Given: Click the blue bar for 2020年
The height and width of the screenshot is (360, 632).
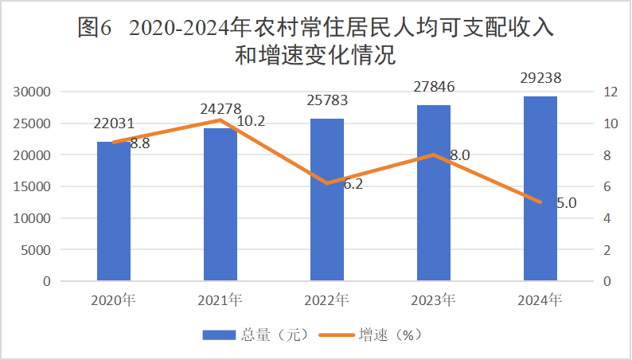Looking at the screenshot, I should [x=114, y=211].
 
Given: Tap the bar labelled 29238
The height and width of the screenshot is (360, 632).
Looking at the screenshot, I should [x=540, y=189].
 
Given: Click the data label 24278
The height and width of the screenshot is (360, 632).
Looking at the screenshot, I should [x=220, y=108].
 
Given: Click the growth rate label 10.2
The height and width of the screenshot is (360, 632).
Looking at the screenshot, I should [x=252, y=121].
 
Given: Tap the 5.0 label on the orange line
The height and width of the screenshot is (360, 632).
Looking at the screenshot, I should [x=566, y=203].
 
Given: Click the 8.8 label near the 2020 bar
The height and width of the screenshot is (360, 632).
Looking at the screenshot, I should [x=140, y=144].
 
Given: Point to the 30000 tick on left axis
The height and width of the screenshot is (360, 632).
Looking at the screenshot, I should [x=33, y=92].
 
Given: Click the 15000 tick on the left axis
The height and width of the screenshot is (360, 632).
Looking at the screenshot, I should [x=33, y=186].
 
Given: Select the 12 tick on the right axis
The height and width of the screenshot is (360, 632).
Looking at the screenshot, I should [x=611, y=92].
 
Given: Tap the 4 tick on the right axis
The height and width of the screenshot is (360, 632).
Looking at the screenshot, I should [x=608, y=218].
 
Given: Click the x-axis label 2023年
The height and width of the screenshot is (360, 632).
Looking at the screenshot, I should [x=433, y=301].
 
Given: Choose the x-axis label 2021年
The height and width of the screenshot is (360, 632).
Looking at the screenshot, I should [x=220, y=301].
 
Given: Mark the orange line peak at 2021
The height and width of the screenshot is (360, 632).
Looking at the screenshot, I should [x=220, y=120].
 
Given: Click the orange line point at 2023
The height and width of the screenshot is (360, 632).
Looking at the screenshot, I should [x=434, y=155].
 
